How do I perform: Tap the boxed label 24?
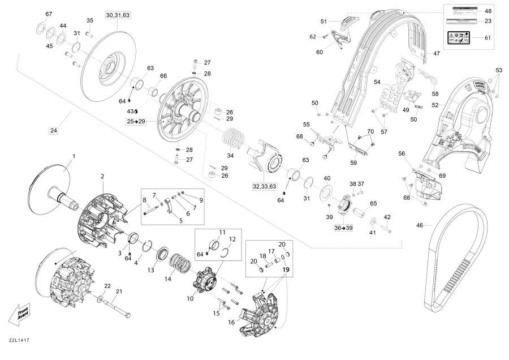(54, 131)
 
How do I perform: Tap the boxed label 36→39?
(344, 228)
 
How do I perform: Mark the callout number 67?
(48, 14)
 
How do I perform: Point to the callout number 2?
(102, 177)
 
